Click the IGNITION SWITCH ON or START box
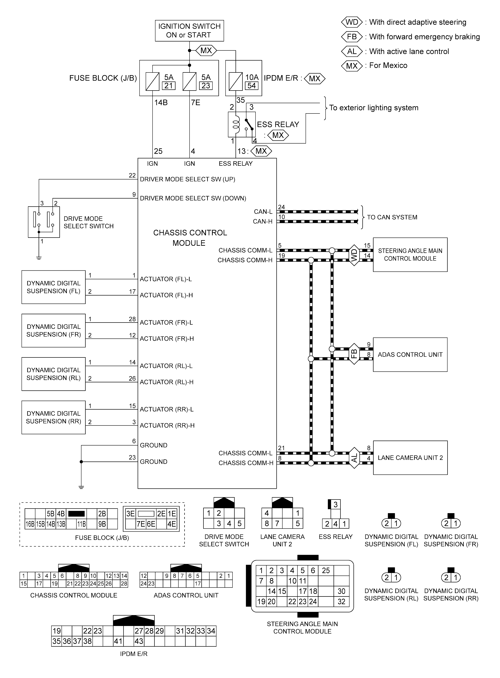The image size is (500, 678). coord(189,31)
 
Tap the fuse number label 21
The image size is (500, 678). coord(169,86)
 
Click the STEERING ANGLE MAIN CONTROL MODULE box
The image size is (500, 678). coord(410,255)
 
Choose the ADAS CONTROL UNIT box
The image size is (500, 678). coord(410,355)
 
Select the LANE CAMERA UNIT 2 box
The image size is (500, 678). coord(410,458)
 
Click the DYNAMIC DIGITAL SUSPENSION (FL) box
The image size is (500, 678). coord(54,287)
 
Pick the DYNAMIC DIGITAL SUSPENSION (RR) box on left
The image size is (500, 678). coord(54,417)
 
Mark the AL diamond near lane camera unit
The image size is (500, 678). coord(354,458)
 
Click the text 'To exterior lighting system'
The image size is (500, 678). coord(374,108)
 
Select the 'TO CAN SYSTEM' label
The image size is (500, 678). coord(392,217)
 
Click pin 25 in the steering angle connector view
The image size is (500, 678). coord(326,570)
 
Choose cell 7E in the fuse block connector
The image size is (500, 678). coord(141,524)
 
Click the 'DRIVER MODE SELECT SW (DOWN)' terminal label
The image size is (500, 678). coord(193,198)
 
